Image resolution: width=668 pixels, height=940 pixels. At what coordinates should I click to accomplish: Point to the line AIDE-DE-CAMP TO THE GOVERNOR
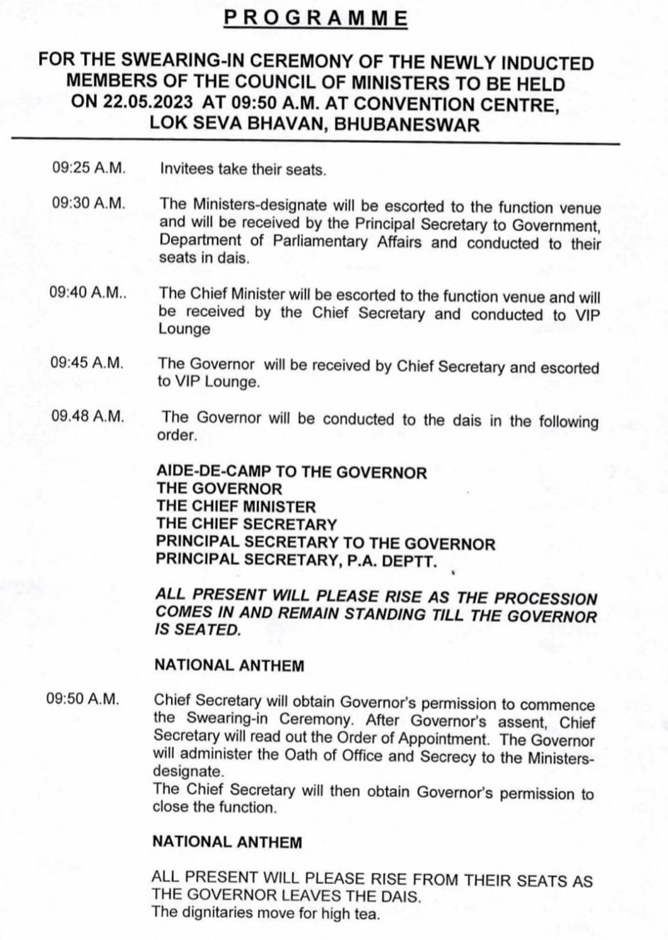tap(291, 472)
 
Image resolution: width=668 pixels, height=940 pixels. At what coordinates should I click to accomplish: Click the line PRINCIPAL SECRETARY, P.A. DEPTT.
tap(296, 560)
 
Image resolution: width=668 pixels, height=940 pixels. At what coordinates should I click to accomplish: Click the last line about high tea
tap(266, 913)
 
